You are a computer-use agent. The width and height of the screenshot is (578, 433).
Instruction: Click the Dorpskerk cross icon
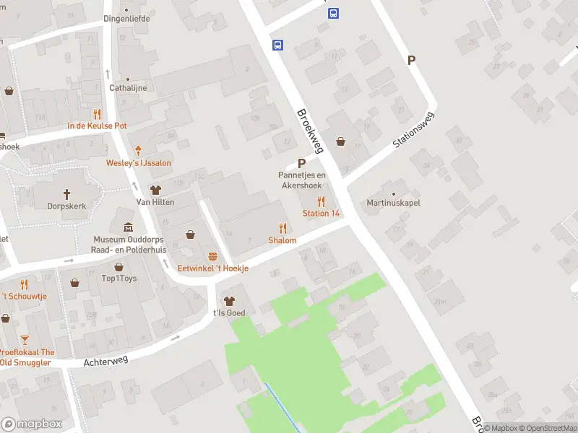(67, 193)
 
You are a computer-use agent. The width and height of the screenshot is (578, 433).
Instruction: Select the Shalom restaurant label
(282, 240)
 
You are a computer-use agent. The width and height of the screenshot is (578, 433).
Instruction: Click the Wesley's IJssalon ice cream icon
(139, 151)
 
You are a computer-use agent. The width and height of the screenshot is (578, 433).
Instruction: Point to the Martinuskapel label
(393, 204)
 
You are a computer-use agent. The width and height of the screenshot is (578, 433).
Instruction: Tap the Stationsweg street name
(415, 131)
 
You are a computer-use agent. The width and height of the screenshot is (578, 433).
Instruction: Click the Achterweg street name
(105, 360)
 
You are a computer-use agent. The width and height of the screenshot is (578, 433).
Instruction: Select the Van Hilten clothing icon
(155, 190)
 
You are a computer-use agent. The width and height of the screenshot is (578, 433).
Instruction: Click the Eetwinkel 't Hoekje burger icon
(213, 256)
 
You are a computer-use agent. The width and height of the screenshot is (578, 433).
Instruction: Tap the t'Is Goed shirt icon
(229, 301)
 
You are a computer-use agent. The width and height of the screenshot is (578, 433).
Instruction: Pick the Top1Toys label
(119, 279)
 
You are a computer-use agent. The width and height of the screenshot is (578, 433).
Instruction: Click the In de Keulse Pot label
(98, 126)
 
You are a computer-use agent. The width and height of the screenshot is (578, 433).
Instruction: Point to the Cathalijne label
(128, 88)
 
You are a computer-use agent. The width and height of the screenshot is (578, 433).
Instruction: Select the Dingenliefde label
(127, 19)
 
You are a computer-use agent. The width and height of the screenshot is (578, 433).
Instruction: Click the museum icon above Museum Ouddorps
(129, 227)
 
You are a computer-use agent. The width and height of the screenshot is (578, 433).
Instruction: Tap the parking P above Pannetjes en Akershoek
(301, 164)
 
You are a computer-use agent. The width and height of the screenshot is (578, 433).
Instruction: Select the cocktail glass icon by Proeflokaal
(25, 340)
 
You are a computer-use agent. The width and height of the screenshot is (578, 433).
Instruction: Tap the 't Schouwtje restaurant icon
(24, 284)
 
